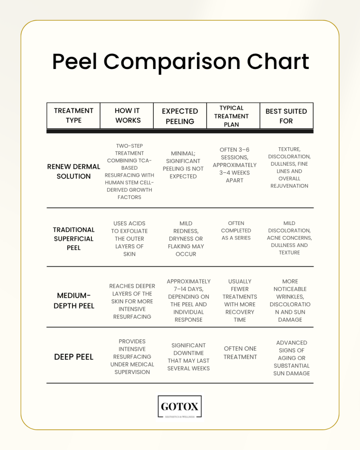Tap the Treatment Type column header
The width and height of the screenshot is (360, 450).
tap(73, 116)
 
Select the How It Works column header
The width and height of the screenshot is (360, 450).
tap(128, 116)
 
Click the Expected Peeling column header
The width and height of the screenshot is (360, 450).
tap(180, 116)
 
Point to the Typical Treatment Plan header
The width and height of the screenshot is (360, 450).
tap(231, 116)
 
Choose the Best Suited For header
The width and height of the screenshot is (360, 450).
tap(286, 116)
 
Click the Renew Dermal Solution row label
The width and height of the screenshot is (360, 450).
tap(74, 171)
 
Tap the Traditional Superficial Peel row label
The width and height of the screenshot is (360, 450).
tap(74, 239)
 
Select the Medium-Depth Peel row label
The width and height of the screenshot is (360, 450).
tap(74, 301)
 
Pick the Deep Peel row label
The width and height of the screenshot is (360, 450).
tap(74, 357)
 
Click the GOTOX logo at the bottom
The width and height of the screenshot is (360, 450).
tap(180, 406)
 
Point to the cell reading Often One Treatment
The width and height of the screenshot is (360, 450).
tap(240, 353)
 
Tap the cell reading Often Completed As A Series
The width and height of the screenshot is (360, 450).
tap(236, 230)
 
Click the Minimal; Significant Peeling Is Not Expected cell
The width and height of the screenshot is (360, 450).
tap(183, 165)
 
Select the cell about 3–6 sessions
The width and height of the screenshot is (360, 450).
tap(235, 165)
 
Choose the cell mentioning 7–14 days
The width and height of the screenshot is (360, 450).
tap(189, 301)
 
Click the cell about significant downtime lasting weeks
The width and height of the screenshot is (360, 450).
tap(189, 357)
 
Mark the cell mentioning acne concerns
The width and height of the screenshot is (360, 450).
tap(289, 238)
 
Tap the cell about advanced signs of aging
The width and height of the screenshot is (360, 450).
tap(292, 358)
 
